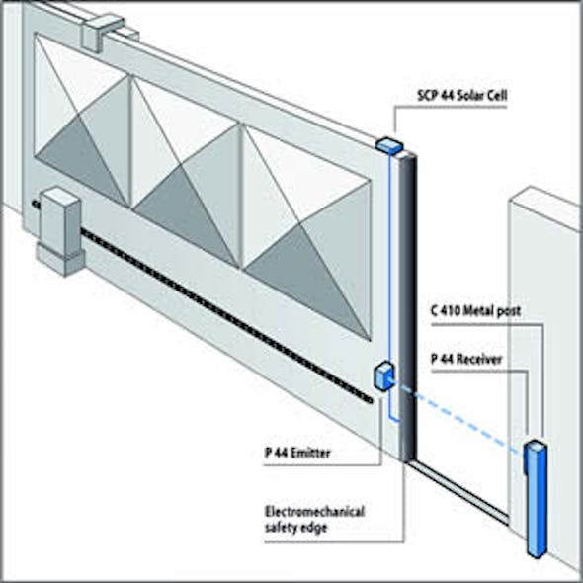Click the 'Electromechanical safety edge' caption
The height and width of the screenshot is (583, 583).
314,519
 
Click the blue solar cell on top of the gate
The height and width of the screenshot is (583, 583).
388,144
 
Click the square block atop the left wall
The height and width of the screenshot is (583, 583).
102,34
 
